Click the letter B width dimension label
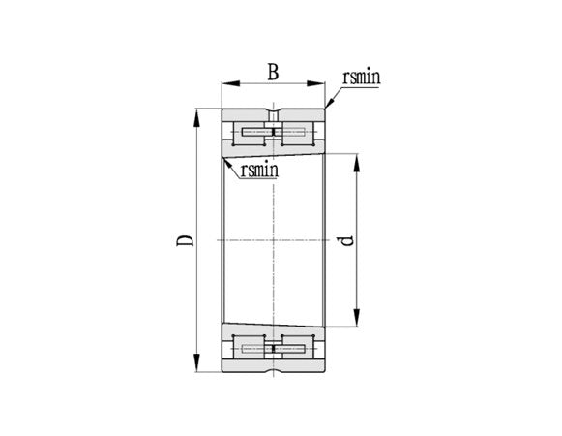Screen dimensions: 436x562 tap(273, 71)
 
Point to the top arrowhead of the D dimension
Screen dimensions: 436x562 tap(197, 114)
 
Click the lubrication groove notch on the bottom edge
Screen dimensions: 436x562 tap(275, 370)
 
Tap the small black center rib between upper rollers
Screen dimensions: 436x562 tap(275, 131)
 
